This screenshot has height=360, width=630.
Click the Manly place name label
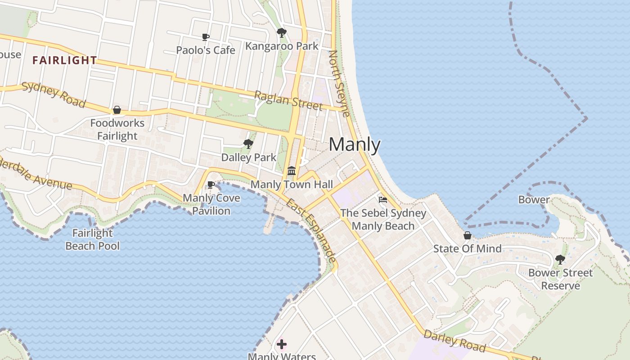click(x=355, y=145)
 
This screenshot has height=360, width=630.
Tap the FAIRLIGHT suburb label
click(x=64, y=60)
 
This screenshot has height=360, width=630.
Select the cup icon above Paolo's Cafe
click(x=206, y=37)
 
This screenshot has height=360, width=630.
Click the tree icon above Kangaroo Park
click(x=282, y=33)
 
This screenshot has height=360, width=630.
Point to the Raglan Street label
click(x=288, y=100)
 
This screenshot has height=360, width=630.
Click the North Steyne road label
click(x=340, y=83)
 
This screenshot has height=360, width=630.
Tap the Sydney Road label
click(x=54, y=95)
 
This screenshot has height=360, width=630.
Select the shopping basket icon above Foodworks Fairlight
click(x=117, y=110)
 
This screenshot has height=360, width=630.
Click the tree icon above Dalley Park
click(x=248, y=144)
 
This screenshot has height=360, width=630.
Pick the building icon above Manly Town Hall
click(x=292, y=171)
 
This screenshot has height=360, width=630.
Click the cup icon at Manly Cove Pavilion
click(x=211, y=184)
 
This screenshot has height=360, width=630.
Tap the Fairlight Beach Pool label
click(x=93, y=239)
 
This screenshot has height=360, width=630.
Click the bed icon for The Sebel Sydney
click(x=383, y=200)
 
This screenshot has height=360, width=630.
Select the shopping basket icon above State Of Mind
click(x=468, y=235)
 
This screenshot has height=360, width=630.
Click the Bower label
click(x=534, y=200)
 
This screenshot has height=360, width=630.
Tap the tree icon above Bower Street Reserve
click(x=560, y=259)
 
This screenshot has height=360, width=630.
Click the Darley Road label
click(x=454, y=341)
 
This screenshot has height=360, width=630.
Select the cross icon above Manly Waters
click(x=282, y=345)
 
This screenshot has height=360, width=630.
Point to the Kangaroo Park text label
click(x=282, y=46)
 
